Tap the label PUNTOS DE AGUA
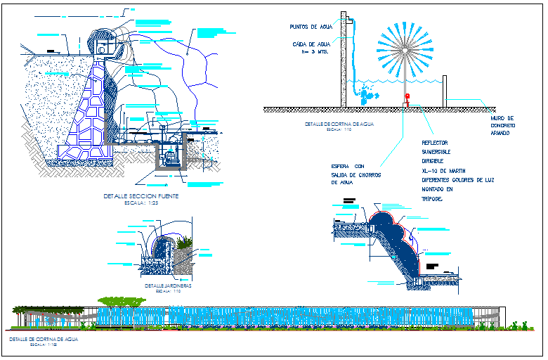click(309, 27)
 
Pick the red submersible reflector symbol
click(406, 96)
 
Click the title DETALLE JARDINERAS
click(169, 286)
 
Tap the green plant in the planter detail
click(184, 243)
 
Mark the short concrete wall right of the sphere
click(445, 91)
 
